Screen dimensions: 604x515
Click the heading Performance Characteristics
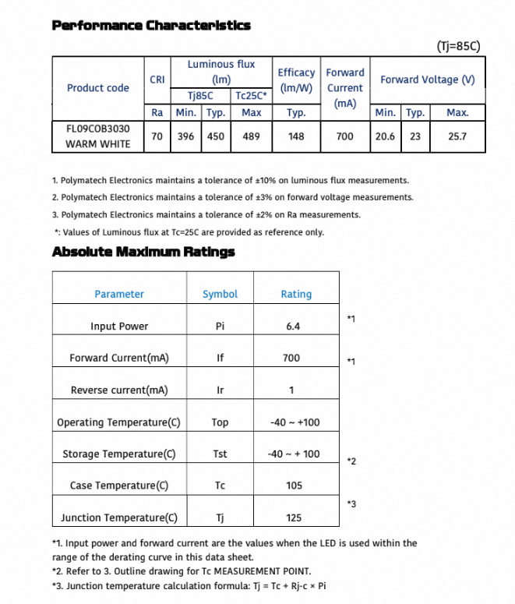point(151,25)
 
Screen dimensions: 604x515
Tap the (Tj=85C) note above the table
point(459,46)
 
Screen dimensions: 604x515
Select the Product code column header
point(98,88)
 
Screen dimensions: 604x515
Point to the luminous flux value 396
point(185,136)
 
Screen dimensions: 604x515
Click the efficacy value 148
point(296,136)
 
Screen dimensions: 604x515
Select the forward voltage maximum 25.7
point(457,136)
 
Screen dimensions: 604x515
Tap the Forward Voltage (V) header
point(428,79)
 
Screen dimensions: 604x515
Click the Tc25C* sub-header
point(251,97)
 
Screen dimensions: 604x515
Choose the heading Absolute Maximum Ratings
point(143,252)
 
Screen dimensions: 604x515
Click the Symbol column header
point(220,294)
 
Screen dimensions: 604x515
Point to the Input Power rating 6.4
point(293,327)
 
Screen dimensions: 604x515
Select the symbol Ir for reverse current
point(220,390)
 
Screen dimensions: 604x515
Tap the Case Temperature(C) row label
point(119,486)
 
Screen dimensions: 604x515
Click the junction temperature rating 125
point(294,517)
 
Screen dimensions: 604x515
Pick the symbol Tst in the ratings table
point(220,454)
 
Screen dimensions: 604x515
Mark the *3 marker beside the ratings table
point(351,504)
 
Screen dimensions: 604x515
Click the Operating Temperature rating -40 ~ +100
point(294,422)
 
